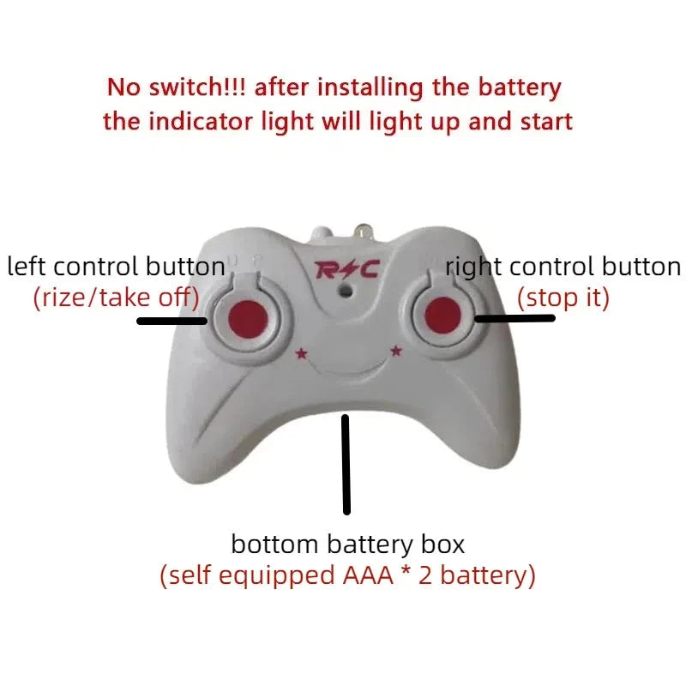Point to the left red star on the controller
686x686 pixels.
tap(300, 352)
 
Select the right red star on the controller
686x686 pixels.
tap(396, 349)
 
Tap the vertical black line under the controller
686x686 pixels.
tap(346, 464)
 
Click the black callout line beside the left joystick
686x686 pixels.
tap(171, 322)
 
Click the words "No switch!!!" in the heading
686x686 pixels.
tap(178, 87)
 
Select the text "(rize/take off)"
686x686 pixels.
tap(116, 298)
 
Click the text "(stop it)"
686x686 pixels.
tap(563, 298)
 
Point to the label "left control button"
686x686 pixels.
tap(116, 267)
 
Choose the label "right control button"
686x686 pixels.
tap(563, 267)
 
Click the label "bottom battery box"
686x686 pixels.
tap(347, 544)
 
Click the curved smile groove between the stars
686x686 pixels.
tap(347, 370)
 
